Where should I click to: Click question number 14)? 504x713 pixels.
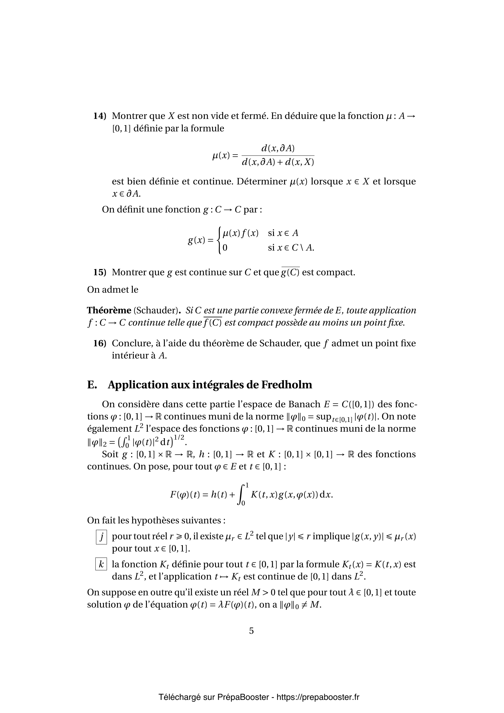pyautogui.click(x=100, y=116)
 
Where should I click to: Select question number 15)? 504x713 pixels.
pyautogui.click(x=100, y=272)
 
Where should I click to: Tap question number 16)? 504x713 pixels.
pyautogui.click(x=100, y=344)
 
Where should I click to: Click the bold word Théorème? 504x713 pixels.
pyautogui.click(x=109, y=310)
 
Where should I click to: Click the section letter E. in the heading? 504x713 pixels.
pyautogui.click(x=92, y=385)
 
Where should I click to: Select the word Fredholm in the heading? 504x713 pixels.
pyautogui.click(x=286, y=385)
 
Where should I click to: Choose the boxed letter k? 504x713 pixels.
pyautogui.click(x=101, y=564)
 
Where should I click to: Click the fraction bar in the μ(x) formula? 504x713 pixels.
pyautogui.click(x=278, y=155)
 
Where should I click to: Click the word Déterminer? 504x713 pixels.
pyautogui.click(x=262, y=181)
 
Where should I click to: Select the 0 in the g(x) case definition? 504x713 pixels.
pyautogui.click(x=225, y=248)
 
